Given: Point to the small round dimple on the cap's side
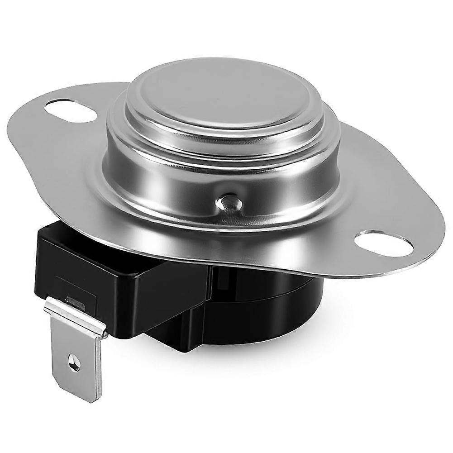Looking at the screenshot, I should (x=228, y=202).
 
